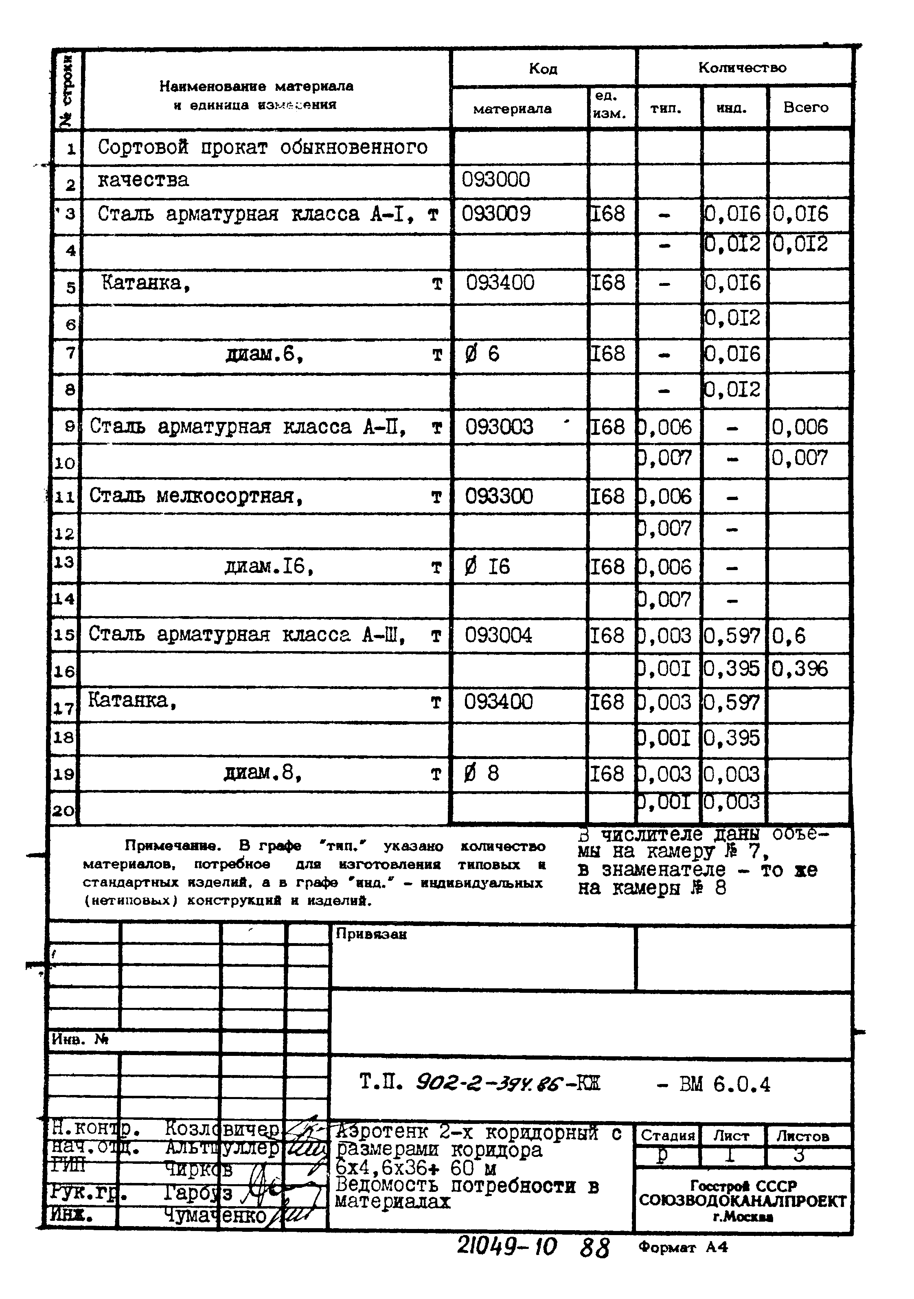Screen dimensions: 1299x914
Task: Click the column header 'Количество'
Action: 742,68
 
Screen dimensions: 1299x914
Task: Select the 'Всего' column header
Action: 805,108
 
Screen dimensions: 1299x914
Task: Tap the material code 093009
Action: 496,214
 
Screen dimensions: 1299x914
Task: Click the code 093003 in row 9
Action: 499,427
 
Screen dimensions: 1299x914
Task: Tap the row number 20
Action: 64,811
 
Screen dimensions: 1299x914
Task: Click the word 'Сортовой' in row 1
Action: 142,147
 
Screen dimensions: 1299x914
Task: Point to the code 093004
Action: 498,635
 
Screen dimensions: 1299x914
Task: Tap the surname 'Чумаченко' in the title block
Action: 215,1215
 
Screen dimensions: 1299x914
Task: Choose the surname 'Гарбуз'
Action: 198,1193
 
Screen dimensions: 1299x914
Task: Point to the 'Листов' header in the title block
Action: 802,1136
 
